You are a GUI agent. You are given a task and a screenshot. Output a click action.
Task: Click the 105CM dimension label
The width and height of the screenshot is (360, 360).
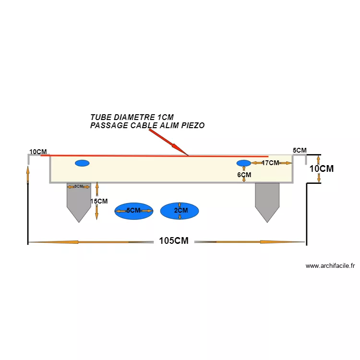(x=174, y=241)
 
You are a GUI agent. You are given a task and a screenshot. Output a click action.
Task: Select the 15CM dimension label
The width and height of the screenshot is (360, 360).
(x=99, y=202)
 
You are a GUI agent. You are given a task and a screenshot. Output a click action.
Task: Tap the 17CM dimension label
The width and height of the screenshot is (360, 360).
(x=270, y=163)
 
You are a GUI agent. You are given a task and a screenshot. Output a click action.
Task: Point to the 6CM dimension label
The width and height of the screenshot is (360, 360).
(x=244, y=175)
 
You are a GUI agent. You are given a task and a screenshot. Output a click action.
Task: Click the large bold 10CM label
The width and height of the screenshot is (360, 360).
(x=321, y=169)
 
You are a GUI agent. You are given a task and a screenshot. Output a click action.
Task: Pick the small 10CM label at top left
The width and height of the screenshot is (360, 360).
(x=38, y=152)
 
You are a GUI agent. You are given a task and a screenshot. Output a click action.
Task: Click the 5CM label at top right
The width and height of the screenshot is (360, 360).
(x=300, y=151)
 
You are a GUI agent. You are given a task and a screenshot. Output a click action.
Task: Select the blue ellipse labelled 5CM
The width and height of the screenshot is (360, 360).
(x=133, y=211)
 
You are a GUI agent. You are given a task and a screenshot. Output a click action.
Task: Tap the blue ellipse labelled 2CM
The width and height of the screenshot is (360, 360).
(x=180, y=211)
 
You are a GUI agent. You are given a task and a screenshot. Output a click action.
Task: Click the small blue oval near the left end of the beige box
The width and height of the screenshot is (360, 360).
(x=82, y=163)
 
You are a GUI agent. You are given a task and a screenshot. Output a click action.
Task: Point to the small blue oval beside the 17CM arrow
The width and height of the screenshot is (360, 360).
(x=243, y=163)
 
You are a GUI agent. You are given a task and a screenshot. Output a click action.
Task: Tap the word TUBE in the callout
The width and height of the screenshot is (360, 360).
(x=100, y=117)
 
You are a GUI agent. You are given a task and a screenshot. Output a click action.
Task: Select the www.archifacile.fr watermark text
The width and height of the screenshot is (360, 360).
(x=330, y=266)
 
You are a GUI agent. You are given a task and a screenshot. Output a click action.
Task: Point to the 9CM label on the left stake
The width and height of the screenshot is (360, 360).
(x=78, y=186)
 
